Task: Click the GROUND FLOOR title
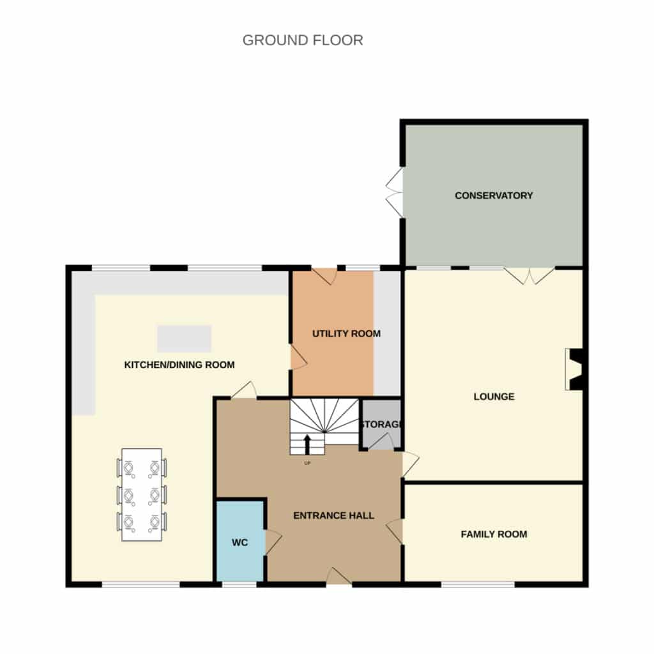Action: [302, 40]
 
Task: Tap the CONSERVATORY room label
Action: [494, 195]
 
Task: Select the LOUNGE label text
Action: [494, 397]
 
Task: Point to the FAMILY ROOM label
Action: [494, 535]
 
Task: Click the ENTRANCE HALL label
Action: [333, 516]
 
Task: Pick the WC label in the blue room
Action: [240, 543]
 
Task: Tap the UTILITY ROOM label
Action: [346, 333]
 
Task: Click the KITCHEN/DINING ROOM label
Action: [179, 365]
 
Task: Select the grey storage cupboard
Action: [381, 424]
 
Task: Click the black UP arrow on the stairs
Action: [307, 445]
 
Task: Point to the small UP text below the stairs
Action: [307, 463]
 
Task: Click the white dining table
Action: [142, 495]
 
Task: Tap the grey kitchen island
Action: [185, 338]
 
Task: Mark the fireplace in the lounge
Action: [574, 370]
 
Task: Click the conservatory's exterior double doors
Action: [395, 193]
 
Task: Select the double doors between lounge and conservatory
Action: [529, 276]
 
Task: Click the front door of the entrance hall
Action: [338, 577]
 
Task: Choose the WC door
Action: [273, 542]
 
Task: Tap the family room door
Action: [395, 532]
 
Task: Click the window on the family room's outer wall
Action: [478, 585]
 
